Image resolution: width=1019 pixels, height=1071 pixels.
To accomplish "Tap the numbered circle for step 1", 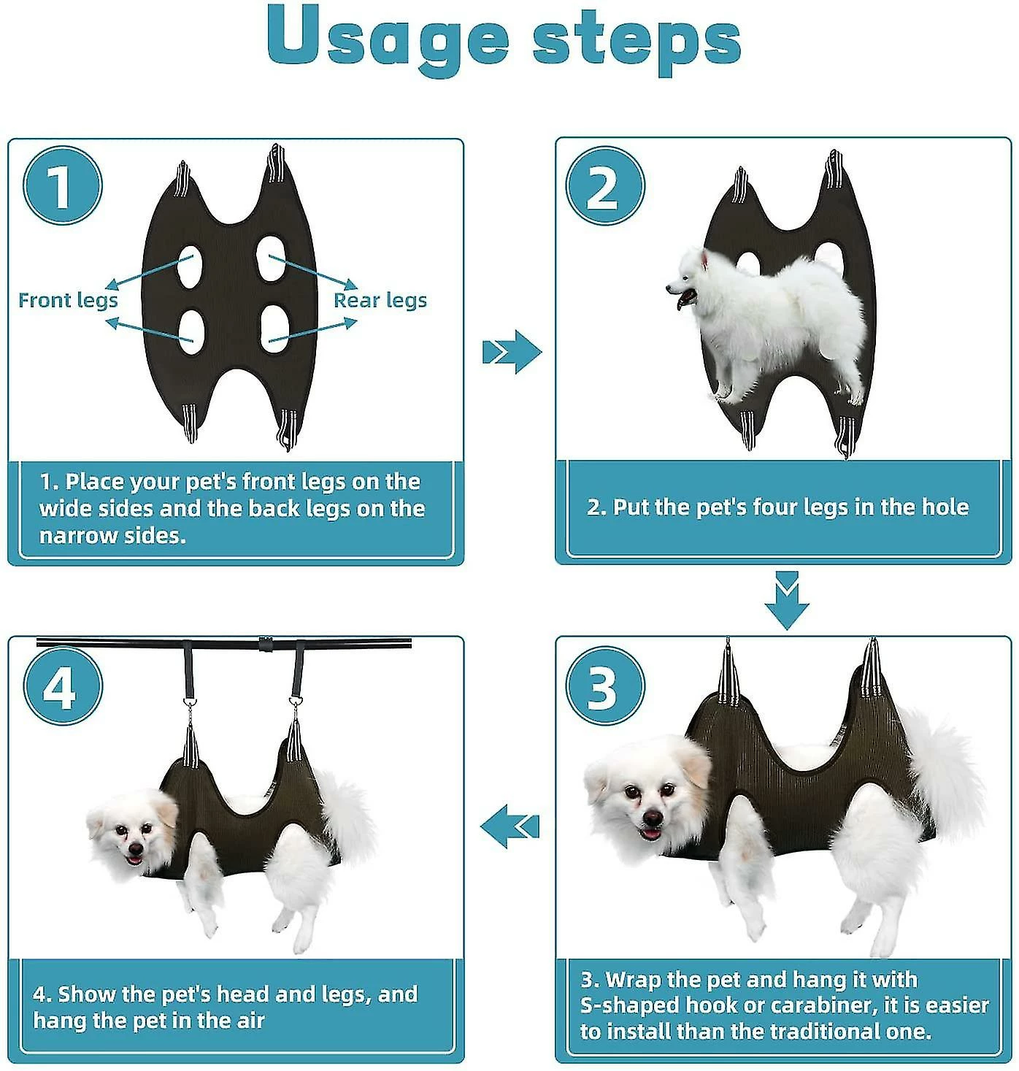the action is tap(63, 185).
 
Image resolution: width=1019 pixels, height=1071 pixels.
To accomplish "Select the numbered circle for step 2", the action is tap(605, 185).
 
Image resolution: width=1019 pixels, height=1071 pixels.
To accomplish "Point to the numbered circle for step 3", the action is tap(605, 686).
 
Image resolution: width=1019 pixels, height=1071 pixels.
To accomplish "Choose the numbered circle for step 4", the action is tap(63, 686).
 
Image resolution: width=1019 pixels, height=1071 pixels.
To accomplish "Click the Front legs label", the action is tap(68, 301).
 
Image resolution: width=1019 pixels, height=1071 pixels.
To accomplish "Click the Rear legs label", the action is tap(380, 301).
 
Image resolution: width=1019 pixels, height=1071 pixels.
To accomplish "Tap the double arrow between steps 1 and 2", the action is tap(512, 352).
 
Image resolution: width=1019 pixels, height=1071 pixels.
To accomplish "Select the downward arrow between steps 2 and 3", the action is tap(787, 600).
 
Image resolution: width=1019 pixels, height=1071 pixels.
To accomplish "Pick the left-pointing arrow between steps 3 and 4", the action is tap(509, 826).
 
